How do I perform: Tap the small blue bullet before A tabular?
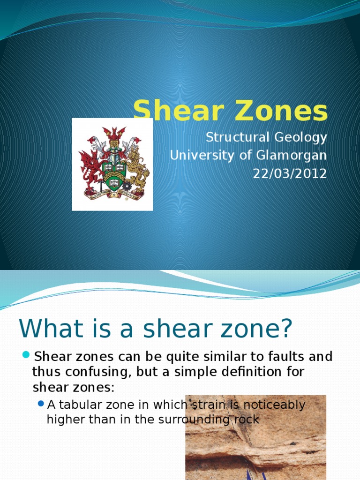[41, 403]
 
